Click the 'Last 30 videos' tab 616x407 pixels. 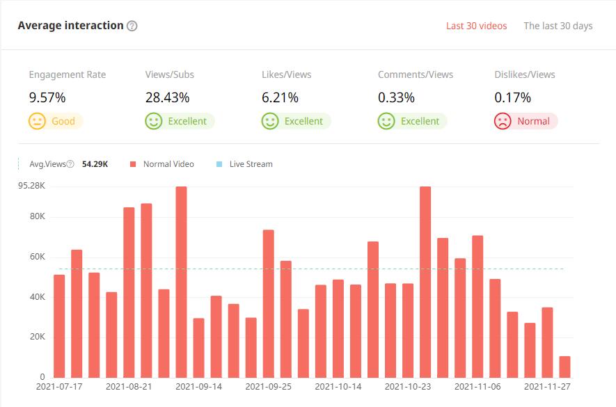tap(476, 26)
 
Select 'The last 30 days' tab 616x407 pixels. tap(558, 26)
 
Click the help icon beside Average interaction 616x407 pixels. tap(132, 26)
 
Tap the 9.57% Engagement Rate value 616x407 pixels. tap(47, 97)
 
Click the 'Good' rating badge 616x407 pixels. tap(56, 121)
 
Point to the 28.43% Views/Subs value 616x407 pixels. tap(167, 97)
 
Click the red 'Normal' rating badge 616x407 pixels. tap(526, 121)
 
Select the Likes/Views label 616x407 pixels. tap(286, 74)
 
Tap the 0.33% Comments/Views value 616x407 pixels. tap(396, 97)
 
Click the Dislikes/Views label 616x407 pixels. tap(524, 74)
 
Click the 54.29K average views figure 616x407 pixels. tap(95, 164)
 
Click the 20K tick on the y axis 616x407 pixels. tap(35, 337)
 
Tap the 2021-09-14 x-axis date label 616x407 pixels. tap(198, 386)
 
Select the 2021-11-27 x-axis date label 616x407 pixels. tap(547, 386)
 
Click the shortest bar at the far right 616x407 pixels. tap(564, 367)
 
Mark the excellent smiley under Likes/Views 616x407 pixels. tap(270, 121)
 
